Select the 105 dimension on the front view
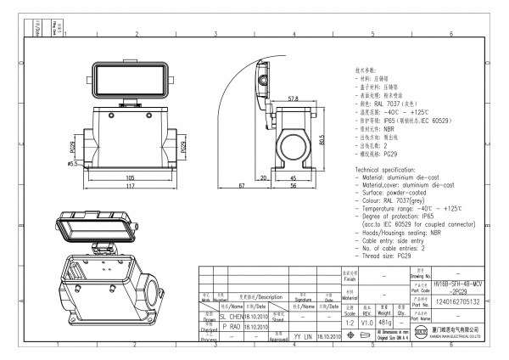point(130,178)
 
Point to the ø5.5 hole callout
point(72,163)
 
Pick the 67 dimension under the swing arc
point(241,185)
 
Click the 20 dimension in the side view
point(264,177)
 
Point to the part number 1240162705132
point(458,301)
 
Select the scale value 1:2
point(349,323)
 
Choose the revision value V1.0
point(367,323)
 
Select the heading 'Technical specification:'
point(390,170)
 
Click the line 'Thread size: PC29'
point(389,255)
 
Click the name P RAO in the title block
point(231,325)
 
